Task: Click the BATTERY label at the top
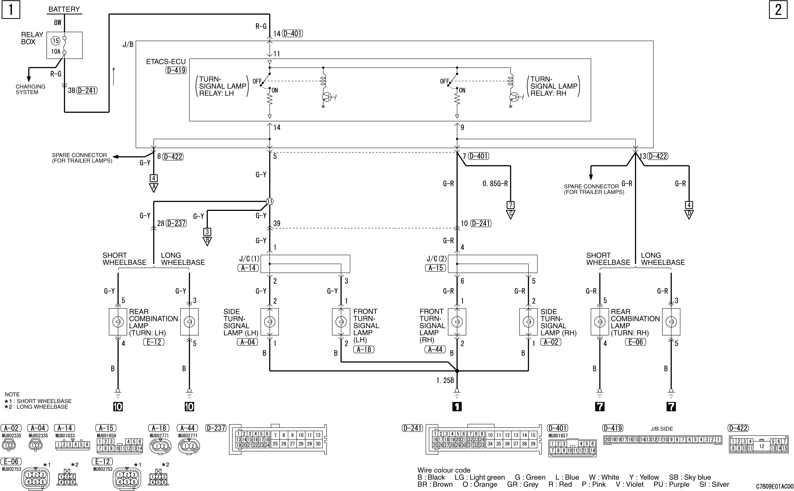click(x=64, y=9)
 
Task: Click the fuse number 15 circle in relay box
click(x=56, y=41)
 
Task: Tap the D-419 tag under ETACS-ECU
click(x=176, y=70)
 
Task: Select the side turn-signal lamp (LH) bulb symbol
click(x=270, y=322)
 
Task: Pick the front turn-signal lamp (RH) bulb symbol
click(x=457, y=322)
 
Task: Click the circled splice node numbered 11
click(x=270, y=202)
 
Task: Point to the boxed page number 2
click(x=778, y=10)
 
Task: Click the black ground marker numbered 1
click(x=457, y=407)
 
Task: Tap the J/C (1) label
click(x=249, y=259)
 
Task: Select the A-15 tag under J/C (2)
click(x=435, y=268)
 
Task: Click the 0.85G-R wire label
click(x=495, y=184)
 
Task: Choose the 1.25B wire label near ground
click(x=445, y=380)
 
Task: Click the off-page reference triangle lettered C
click(x=510, y=214)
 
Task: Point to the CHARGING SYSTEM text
click(x=30, y=89)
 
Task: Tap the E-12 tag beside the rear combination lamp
click(x=154, y=342)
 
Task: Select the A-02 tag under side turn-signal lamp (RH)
click(x=551, y=342)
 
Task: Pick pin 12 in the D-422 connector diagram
click(x=761, y=446)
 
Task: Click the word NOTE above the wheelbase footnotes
click(x=12, y=394)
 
